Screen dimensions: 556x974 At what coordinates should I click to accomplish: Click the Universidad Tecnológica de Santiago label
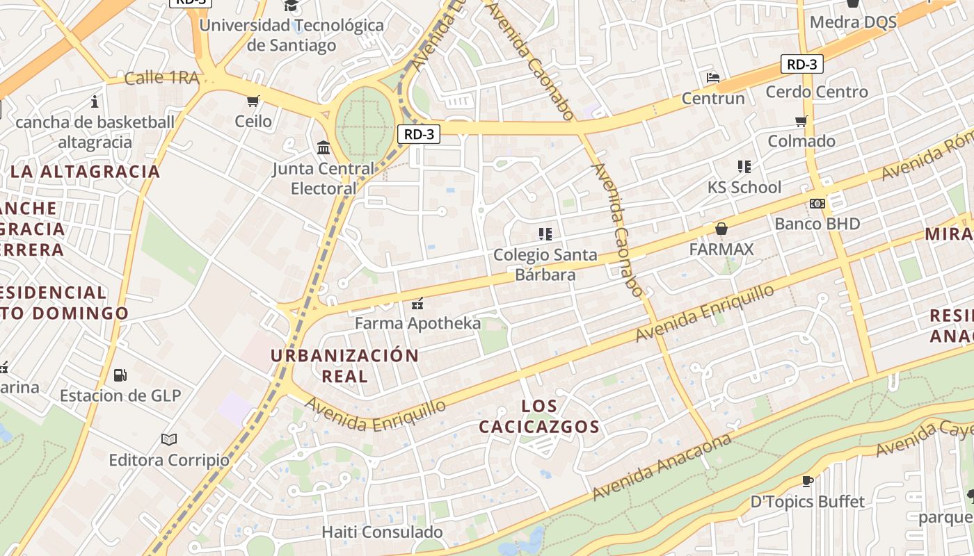point(291,35)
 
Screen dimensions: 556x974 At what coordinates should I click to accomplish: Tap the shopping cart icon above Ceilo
point(253,101)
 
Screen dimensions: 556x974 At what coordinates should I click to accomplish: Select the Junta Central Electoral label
point(324,179)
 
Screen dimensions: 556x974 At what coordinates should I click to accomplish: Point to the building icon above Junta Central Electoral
point(324,147)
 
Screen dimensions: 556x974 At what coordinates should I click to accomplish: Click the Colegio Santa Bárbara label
point(545,265)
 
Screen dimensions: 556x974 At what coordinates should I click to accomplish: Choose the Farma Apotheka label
point(417,323)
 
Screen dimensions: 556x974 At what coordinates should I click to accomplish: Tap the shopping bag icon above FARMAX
point(721,228)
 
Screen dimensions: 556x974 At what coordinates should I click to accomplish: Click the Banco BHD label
point(817,224)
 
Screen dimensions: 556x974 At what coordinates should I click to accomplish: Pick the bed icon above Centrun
point(713,78)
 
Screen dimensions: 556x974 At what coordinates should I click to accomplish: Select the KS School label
point(744,187)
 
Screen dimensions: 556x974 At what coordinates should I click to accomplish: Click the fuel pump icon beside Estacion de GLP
point(120,375)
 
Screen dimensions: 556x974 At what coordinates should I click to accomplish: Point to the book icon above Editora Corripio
point(169,439)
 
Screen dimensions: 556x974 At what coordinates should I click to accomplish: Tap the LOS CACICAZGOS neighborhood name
point(539,416)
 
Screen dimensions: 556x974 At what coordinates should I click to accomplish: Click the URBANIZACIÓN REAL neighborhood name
point(345,366)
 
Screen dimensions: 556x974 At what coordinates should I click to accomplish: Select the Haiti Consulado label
point(372,532)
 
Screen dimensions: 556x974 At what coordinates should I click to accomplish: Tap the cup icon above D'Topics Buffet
point(808,481)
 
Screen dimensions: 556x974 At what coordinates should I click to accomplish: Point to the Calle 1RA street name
point(161,78)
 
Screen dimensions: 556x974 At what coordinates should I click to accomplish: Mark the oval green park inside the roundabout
point(365,125)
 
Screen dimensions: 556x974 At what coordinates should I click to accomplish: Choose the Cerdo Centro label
point(817,92)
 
